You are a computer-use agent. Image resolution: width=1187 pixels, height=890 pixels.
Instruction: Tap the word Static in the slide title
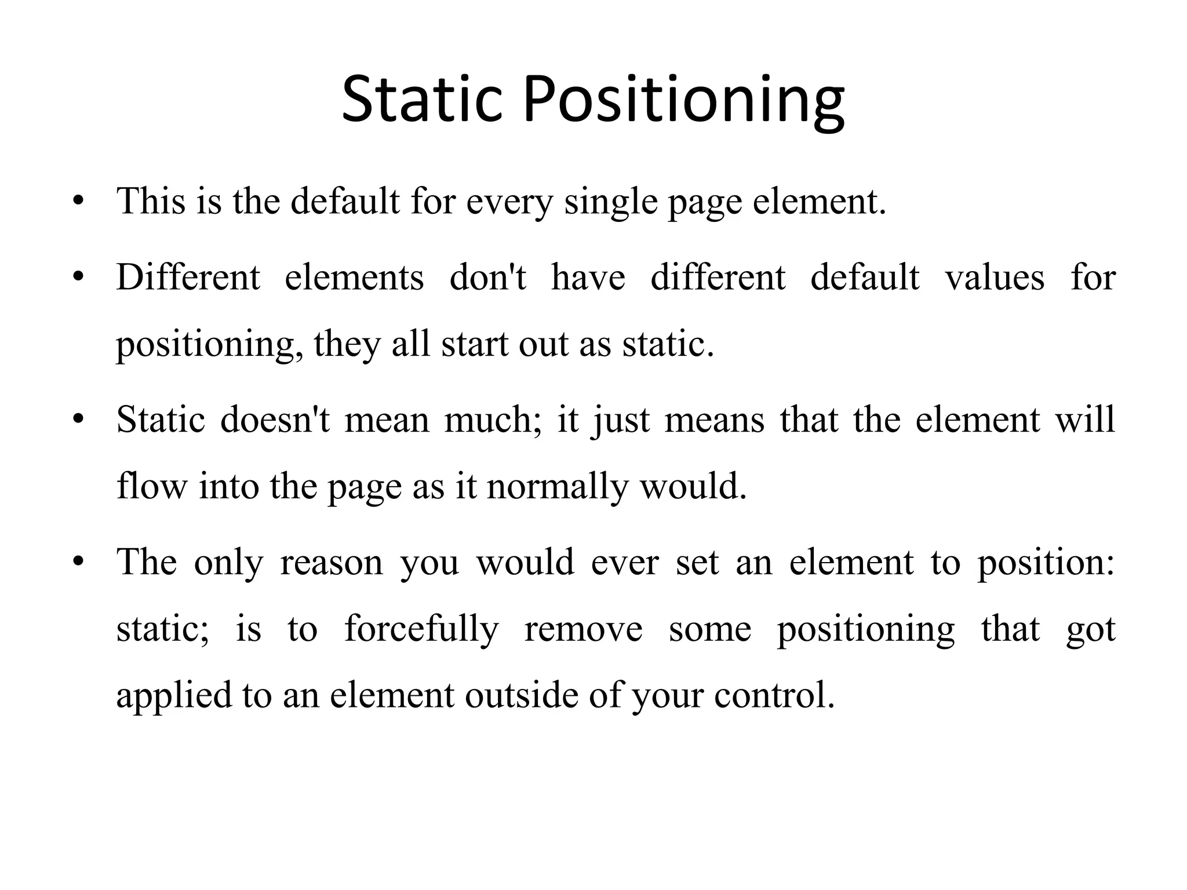(421, 100)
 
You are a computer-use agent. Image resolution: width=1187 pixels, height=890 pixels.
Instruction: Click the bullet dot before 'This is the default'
(79, 202)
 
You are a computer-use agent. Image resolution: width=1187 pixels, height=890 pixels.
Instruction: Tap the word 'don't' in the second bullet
(487, 277)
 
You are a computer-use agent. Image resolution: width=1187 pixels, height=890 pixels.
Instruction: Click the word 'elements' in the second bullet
(354, 277)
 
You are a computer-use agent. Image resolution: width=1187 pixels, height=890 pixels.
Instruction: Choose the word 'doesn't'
(275, 420)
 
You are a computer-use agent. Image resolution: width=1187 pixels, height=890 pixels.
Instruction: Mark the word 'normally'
(557, 487)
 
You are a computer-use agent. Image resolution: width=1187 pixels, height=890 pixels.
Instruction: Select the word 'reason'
(332, 562)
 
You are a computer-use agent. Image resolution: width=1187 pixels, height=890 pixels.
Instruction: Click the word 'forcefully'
(421, 629)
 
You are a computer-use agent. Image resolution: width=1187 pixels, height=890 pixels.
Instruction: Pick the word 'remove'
(583, 629)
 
